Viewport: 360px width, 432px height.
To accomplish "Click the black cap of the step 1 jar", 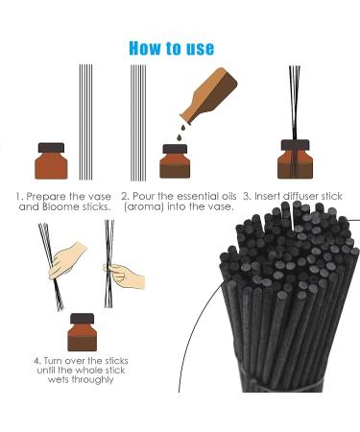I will click(x=52, y=149).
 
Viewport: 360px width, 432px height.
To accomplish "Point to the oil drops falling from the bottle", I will click(x=180, y=134).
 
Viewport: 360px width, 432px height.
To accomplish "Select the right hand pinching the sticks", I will click(x=125, y=276).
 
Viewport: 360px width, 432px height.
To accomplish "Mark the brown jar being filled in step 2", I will click(x=174, y=161).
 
